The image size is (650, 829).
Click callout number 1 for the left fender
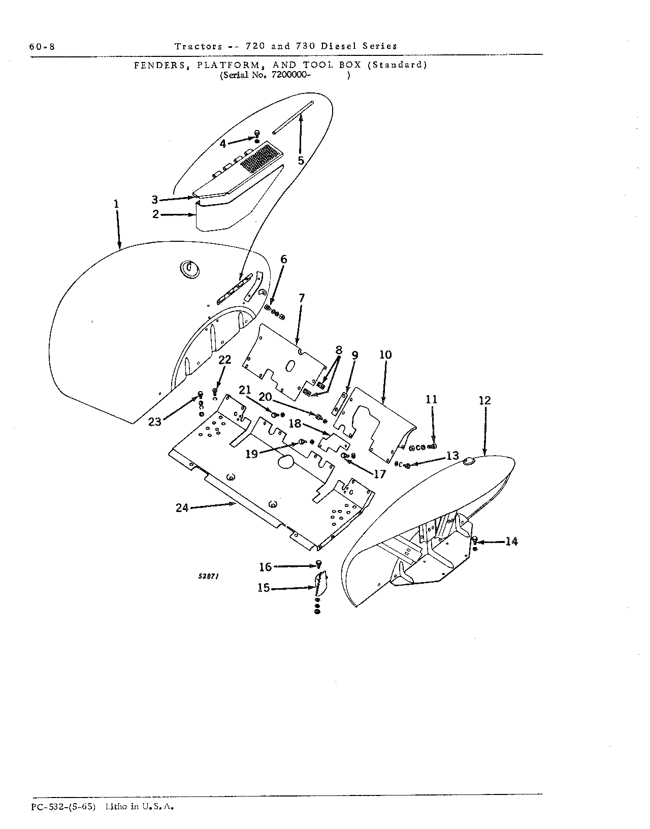(116, 204)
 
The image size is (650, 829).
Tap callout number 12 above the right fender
(485, 401)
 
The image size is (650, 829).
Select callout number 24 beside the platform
(182, 508)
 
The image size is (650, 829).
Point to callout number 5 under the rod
(301, 161)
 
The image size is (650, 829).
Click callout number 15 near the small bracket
(264, 588)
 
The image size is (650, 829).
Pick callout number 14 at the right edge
(511, 541)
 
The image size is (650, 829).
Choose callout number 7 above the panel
(302, 298)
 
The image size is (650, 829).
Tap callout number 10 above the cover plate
(385, 355)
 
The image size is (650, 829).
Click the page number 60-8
(42, 47)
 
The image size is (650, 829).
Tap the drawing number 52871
(208, 577)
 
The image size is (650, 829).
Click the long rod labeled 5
(293, 117)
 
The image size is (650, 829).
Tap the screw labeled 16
(319, 564)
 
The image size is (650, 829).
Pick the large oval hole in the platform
(285, 462)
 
